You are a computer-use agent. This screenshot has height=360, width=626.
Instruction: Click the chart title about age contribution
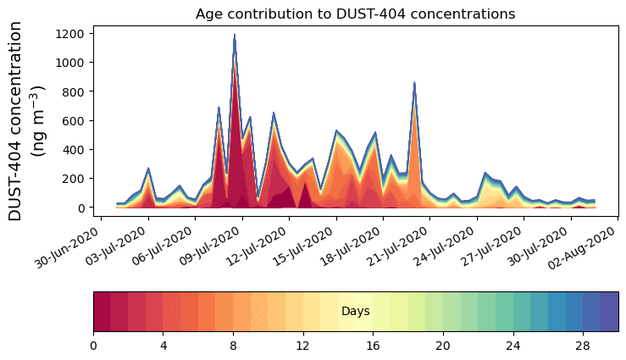tap(355, 14)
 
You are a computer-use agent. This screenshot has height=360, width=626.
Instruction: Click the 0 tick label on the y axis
tap(81, 208)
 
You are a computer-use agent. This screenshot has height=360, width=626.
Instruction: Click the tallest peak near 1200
tap(234, 36)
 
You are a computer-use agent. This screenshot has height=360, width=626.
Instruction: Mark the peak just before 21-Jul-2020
tap(414, 83)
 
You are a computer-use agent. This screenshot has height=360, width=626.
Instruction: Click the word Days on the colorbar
tap(355, 312)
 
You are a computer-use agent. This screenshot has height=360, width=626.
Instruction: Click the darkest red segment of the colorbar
tap(102, 312)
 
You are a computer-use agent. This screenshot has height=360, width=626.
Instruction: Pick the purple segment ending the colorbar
tap(609, 312)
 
